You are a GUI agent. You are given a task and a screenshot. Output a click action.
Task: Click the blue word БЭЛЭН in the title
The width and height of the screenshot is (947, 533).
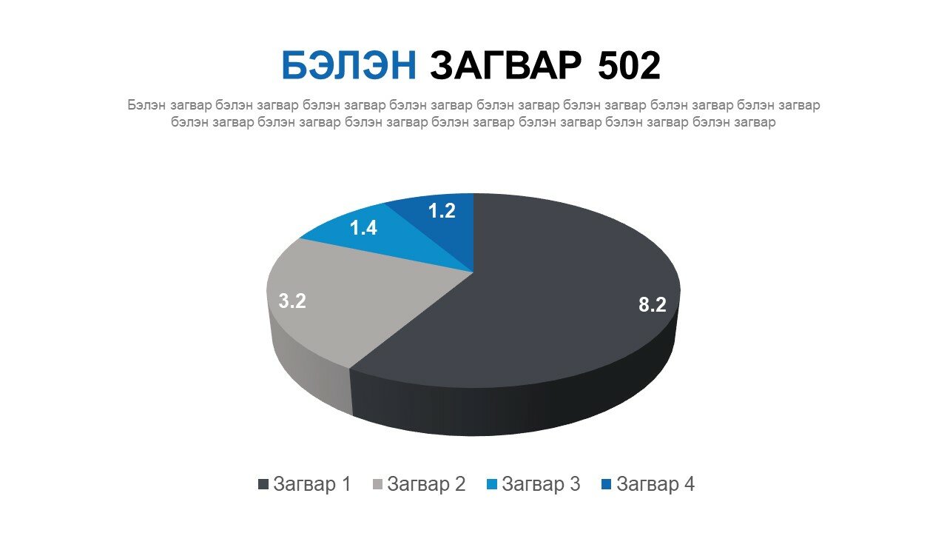tap(349, 66)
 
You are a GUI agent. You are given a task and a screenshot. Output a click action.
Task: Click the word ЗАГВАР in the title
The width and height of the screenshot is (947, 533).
tap(505, 66)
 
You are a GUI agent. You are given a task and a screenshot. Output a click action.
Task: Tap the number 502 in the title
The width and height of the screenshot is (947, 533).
tap(629, 66)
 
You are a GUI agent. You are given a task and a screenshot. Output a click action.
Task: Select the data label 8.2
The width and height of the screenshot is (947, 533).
tap(653, 304)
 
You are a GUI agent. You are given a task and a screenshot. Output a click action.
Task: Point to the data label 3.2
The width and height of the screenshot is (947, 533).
tap(292, 301)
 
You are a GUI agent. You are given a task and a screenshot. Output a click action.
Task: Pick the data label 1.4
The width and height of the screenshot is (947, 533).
tap(363, 228)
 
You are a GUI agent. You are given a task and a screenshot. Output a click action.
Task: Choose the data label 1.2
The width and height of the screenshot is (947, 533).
tap(442, 211)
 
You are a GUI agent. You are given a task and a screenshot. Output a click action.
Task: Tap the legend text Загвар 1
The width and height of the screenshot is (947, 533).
tap(312, 484)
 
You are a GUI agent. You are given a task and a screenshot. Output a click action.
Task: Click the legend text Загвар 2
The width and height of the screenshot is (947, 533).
tap(426, 484)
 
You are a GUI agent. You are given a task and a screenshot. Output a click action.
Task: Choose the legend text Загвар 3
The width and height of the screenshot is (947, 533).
tap(541, 484)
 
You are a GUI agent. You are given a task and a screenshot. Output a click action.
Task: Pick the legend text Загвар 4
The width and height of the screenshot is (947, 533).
tap(656, 484)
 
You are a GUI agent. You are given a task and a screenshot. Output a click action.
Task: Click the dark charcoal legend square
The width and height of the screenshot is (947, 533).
tap(263, 484)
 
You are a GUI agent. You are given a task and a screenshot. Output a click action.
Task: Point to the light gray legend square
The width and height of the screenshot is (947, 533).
tap(377, 484)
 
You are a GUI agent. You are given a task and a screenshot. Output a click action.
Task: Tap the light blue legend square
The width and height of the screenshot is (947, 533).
tap(492, 484)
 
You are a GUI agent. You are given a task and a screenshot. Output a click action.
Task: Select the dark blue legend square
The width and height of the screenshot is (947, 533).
tap(606, 484)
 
